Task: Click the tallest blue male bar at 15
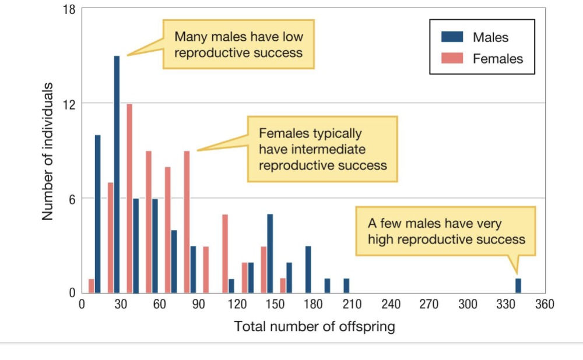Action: [117, 174]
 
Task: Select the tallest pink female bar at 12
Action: [129, 198]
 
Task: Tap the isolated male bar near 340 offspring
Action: [518, 285]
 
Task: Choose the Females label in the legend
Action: [497, 59]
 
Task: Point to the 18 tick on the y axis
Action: [70, 9]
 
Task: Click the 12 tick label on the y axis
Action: [69, 104]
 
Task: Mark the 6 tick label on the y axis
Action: [72, 198]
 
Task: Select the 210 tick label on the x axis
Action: [352, 304]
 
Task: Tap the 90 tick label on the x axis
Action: [199, 304]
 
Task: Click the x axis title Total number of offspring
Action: [314, 326]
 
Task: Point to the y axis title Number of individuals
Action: [48, 151]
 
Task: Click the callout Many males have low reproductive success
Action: [238, 44]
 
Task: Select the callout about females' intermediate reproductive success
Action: [322, 149]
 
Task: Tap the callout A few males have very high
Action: [446, 231]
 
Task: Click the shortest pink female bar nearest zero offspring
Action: [92, 285]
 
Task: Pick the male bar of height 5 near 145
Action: [270, 253]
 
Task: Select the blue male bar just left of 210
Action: [346, 285]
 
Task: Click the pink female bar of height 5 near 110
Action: [225, 253]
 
